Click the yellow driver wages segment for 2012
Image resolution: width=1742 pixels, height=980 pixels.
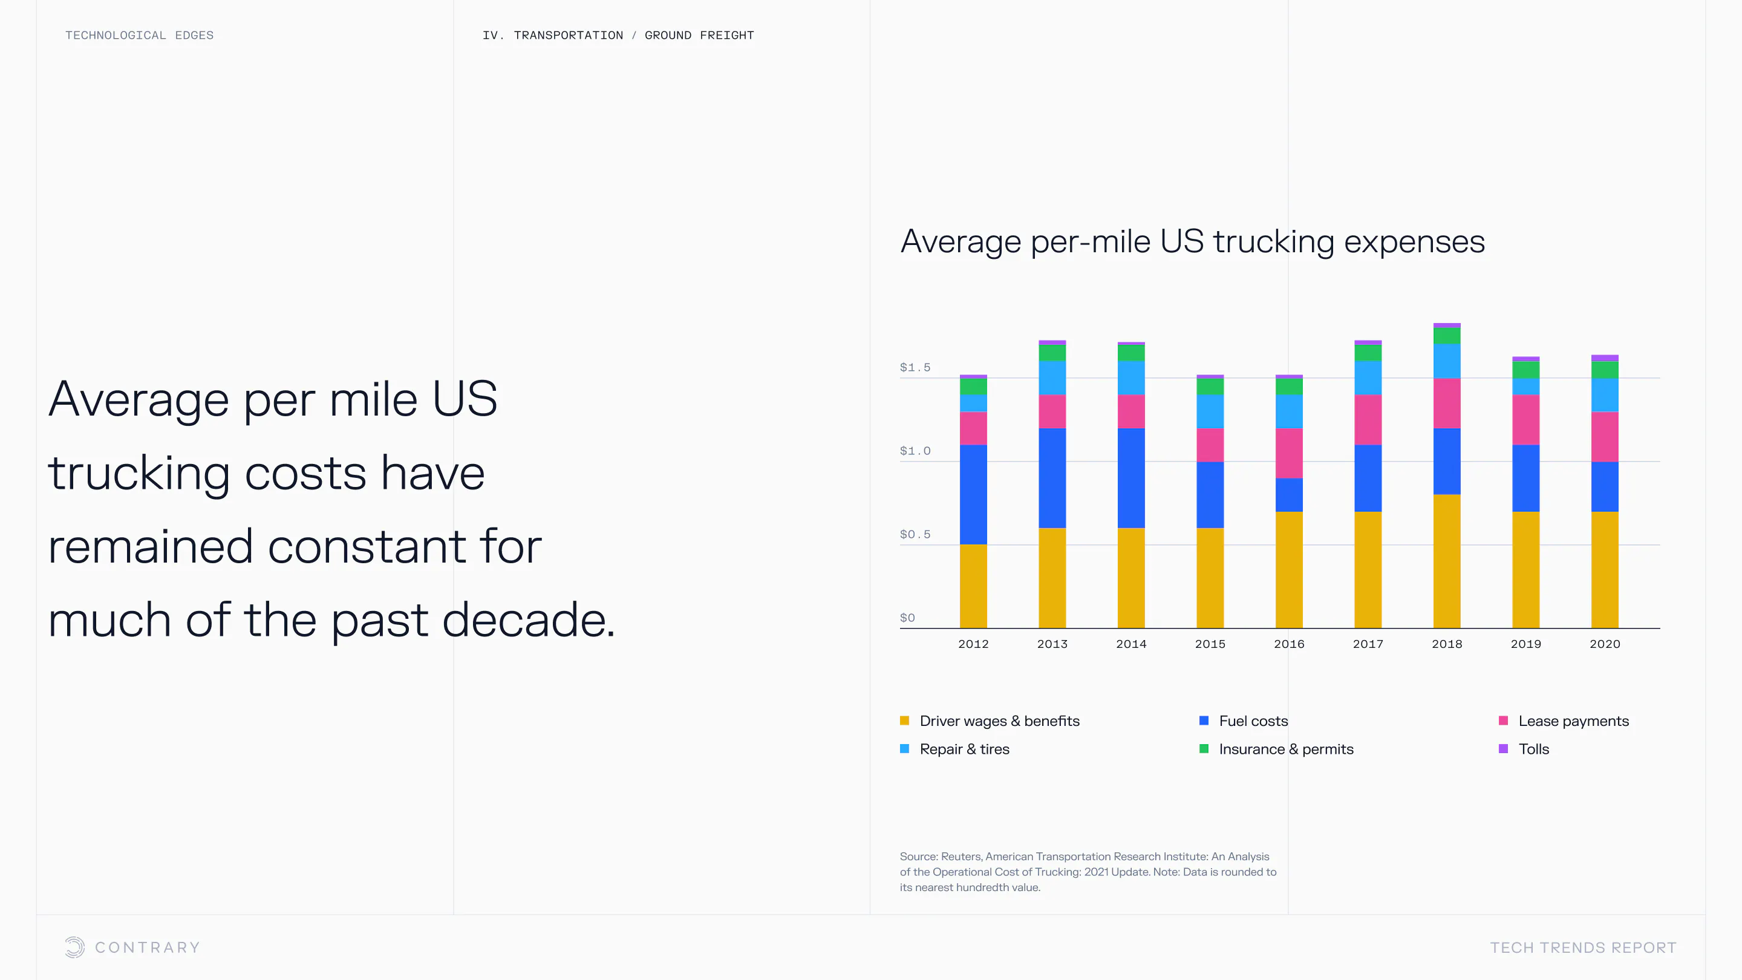click(973, 586)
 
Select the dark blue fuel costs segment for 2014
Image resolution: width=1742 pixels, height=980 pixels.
click(1130, 477)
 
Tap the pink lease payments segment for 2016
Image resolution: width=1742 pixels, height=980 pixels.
click(1288, 452)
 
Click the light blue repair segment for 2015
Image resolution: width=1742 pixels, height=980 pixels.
click(1210, 411)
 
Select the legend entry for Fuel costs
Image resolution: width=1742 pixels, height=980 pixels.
click(1253, 721)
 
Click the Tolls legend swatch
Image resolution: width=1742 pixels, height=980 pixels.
click(1502, 749)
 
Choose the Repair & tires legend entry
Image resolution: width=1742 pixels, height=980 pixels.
click(964, 749)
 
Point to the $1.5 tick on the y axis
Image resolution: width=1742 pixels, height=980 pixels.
click(915, 367)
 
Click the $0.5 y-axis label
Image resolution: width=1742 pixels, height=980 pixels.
click(915, 534)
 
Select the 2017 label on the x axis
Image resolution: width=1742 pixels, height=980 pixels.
click(1368, 644)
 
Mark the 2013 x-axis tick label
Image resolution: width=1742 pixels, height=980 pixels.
click(1052, 644)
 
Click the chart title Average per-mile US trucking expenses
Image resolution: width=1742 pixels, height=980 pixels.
click(1192, 241)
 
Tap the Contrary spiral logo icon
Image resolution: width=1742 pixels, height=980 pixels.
click(74, 947)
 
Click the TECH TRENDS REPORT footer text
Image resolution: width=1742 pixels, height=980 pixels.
click(1583, 947)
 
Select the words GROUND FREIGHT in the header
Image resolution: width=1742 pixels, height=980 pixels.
click(699, 35)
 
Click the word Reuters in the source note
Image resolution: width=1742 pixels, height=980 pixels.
click(961, 856)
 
